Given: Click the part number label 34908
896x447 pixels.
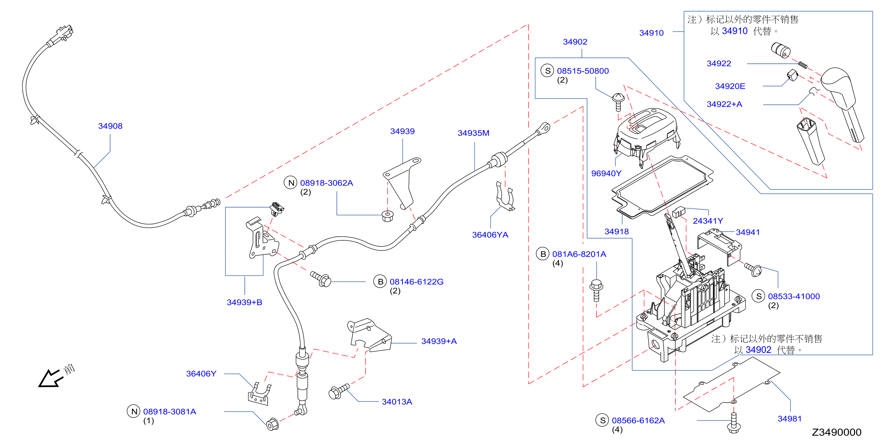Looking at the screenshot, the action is pos(110,126).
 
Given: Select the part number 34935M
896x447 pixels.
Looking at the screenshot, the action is pos(473,133).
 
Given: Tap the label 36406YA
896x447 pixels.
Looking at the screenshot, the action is pos(490,235).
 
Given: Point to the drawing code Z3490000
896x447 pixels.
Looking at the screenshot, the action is pos(837,432).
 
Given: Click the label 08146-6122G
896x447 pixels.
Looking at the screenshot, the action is pos(416,282).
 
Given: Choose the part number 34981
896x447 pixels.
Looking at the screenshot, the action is pos(790,419).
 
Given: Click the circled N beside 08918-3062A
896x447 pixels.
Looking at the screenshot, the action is pos(290,183).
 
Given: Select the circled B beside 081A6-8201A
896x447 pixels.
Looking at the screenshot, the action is pos(543,254).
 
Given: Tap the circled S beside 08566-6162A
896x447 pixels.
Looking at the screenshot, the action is pos(602,420).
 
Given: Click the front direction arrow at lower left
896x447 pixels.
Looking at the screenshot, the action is pos(50,378).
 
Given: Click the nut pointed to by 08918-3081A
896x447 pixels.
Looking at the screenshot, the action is pos(272,424).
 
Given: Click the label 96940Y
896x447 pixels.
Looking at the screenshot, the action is pos(606,173).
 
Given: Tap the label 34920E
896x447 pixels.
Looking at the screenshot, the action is pos(730,86).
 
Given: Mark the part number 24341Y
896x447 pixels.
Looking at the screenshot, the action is pos(708,221).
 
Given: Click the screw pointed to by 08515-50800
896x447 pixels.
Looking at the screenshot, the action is pos(618,102).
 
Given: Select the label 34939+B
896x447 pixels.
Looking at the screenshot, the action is pos(245,302).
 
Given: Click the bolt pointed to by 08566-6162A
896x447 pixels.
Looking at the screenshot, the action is pos(734,423).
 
